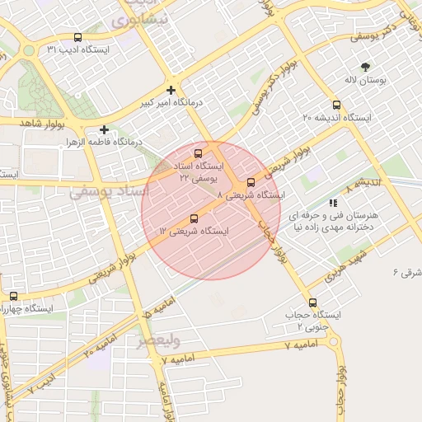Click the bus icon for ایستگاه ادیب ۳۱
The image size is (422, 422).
coord(77,37)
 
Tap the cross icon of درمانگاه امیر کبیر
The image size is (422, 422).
coord(171,90)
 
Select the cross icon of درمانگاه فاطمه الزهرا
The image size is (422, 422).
coord(104,129)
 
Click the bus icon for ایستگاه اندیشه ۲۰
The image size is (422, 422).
coord(335,105)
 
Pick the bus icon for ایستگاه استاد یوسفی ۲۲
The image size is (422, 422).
coord(197,153)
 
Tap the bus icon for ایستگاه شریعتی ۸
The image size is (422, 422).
coord(251,182)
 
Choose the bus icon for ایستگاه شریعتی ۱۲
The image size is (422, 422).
coord(194,218)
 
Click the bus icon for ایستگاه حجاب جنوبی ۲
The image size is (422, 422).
coord(312,302)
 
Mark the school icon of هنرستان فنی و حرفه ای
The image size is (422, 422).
coord(333,202)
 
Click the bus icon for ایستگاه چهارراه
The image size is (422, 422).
coord(13,296)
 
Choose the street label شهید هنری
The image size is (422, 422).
coord(342,268)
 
